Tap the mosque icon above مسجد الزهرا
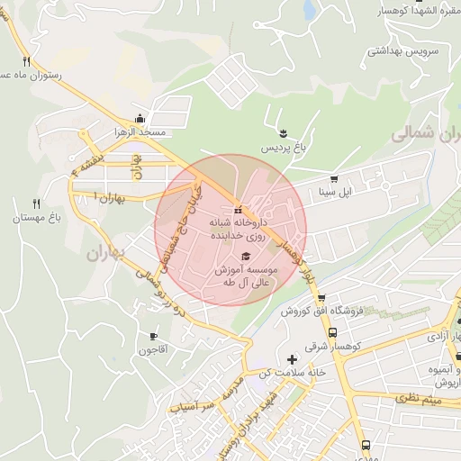tap(139, 118)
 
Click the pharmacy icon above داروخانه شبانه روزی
tap(238, 211)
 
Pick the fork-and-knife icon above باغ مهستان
tap(36, 203)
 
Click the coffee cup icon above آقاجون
tap(153, 337)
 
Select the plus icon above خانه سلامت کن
tap(291, 360)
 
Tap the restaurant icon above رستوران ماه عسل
tap(28, 61)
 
